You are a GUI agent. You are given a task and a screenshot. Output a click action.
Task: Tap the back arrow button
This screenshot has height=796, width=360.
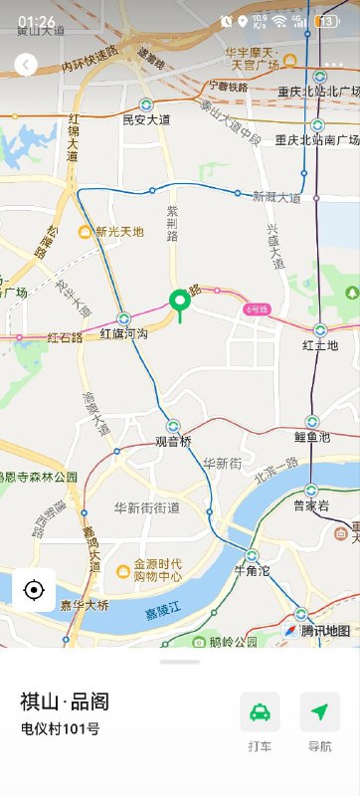pos(26,66)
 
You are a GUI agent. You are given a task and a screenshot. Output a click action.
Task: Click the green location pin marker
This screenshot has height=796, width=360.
pos(180,301)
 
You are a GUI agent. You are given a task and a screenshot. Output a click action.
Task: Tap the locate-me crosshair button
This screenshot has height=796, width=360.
pos(34,590)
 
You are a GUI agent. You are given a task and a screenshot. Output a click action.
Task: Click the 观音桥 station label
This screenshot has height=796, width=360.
pos(172,441)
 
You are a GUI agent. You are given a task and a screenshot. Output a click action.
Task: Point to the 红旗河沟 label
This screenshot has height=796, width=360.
pos(123,334)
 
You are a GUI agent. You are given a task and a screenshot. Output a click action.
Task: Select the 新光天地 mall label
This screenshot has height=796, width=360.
pos(119,232)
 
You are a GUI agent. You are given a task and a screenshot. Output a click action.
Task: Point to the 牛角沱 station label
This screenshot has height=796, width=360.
pos(252,570)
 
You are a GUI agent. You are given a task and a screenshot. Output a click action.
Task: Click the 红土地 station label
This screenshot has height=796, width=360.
pos(320,345)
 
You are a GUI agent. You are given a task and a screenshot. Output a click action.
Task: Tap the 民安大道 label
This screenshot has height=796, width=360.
pos(146,119)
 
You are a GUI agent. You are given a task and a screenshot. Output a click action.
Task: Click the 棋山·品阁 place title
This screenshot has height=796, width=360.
pos(65,701)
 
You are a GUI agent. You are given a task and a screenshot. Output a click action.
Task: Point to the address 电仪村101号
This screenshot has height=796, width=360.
pos(61,729)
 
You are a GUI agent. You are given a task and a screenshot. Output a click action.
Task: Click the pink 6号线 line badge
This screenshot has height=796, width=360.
pos(258,309)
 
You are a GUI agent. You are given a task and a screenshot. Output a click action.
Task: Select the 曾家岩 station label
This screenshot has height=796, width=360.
pos(311,505)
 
